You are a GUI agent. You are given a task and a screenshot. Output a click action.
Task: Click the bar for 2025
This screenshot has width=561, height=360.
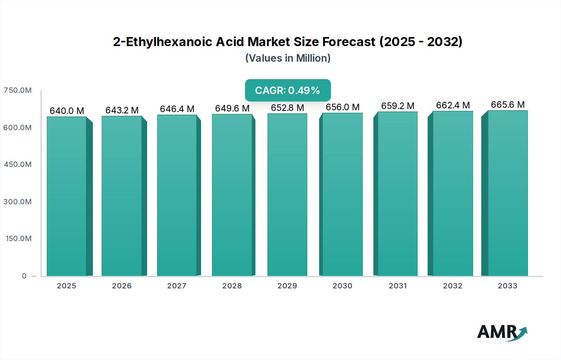[67, 196]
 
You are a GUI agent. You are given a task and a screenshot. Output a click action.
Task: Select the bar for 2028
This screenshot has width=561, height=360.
[232, 195]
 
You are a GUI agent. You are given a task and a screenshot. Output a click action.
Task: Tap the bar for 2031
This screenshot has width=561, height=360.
[397, 194]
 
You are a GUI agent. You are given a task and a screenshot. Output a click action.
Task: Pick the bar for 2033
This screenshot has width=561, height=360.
[508, 193]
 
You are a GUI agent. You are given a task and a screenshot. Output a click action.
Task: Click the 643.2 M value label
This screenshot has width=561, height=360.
[122, 110]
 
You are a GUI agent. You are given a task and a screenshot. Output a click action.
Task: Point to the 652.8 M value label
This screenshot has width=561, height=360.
[287, 108]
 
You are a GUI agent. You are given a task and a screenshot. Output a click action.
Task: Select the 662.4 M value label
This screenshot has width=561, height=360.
[453, 105]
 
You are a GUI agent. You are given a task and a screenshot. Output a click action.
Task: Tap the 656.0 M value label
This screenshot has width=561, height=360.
[343, 107]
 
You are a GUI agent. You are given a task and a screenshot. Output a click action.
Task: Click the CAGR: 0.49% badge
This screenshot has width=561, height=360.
[288, 90]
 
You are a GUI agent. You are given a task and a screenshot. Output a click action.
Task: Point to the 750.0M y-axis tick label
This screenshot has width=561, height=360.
[18, 90]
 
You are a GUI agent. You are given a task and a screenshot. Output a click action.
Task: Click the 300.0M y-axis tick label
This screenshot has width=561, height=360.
[18, 202]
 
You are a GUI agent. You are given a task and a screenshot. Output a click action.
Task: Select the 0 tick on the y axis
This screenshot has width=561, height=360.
[24, 276]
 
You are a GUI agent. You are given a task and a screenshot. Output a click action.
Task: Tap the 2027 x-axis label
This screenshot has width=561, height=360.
[177, 286]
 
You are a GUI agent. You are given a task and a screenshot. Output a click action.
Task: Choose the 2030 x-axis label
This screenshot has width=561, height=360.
[342, 286]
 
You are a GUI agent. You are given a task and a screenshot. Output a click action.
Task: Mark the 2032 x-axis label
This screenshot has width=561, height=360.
[453, 286]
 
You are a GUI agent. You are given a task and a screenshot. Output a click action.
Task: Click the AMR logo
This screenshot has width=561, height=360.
[502, 332]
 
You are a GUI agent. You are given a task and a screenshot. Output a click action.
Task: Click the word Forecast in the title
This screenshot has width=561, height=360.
[349, 42]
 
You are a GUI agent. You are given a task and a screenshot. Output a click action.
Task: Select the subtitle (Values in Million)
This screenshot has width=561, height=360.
[288, 58]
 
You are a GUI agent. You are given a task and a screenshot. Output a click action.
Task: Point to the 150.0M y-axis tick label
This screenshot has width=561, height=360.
[19, 239]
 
